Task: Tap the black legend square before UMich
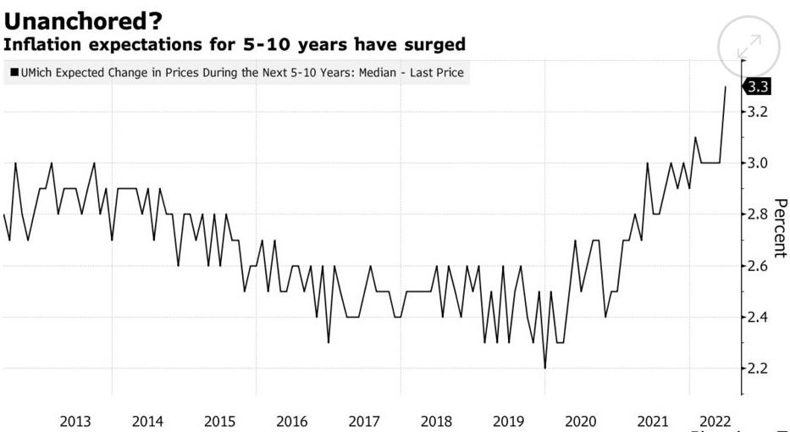(x=14, y=74)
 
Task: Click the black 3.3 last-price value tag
(x=757, y=86)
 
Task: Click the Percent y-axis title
(x=781, y=230)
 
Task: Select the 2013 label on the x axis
(x=76, y=421)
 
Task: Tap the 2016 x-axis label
(x=292, y=421)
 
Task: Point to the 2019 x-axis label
(x=508, y=421)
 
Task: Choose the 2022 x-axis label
(x=713, y=421)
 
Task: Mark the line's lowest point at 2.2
(x=544, y=368)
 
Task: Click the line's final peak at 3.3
(x=726, y=86)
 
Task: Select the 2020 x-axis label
(x=580, y=421)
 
